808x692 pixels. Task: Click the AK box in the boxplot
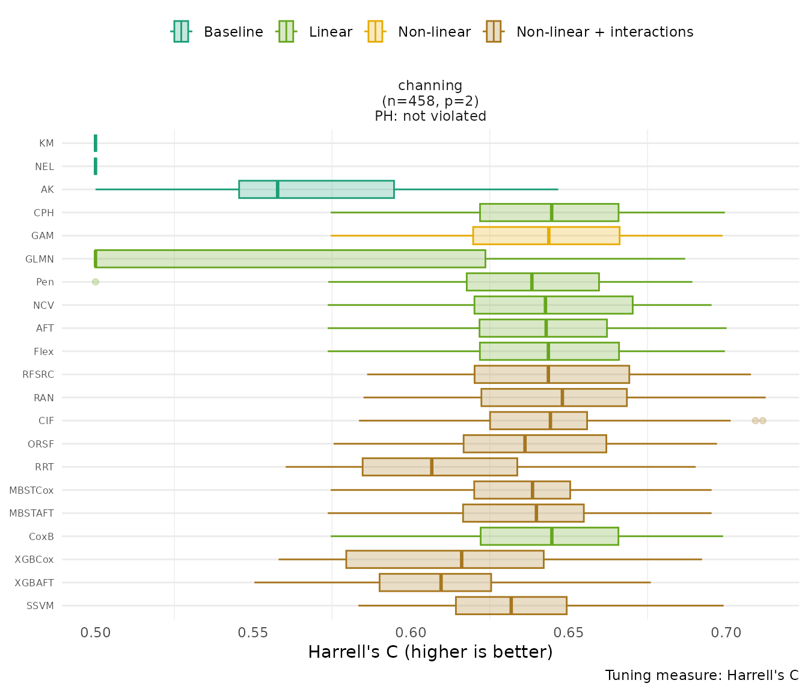point(316,189)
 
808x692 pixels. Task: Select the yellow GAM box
point(546,235)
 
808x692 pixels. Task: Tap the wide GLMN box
point(290,259)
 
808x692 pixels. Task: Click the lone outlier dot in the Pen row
point(95,282)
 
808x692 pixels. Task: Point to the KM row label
point(46,144)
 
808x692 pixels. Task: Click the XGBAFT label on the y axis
point(34,583)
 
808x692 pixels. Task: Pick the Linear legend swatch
point(286,31)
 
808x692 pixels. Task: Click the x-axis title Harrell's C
point(430,652)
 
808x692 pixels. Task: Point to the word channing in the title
point(430,86)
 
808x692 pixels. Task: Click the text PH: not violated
point(430,116)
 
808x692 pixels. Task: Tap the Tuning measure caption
point(702,675)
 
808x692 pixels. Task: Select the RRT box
point(439,467)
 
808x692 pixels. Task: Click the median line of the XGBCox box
point(461,559)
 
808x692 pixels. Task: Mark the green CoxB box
point(549,536)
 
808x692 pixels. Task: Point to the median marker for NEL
point(96,166)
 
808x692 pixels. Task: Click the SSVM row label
point(40,606)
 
